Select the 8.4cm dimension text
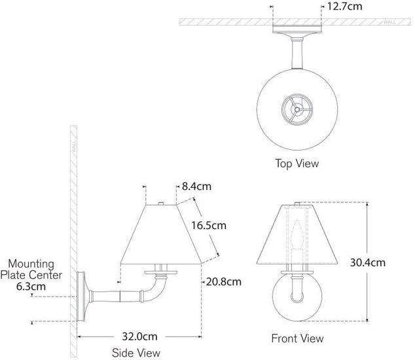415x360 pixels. click(x=196, y=187)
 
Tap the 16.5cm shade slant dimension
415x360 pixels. click(x=208, y=226)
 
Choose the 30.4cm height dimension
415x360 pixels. click(x=386, y=262)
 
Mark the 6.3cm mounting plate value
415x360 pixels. click(x=31, y=286)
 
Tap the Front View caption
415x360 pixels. click(x=297, y=338)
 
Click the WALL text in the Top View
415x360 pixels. click(x=389, y=22)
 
